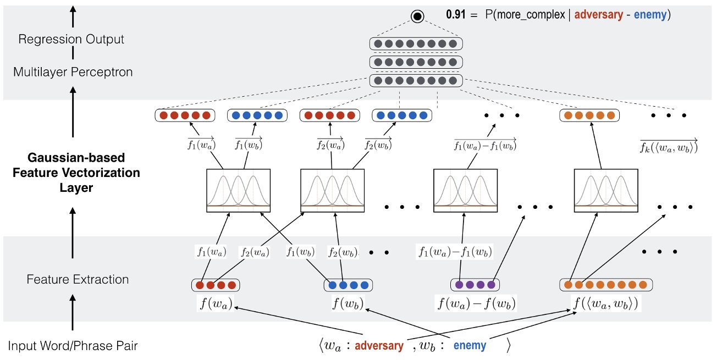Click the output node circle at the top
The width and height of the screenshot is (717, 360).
[x=417, y=16]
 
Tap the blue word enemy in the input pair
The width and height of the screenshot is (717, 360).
[x=470, y=346]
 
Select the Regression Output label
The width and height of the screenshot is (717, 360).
[x=71, y=40]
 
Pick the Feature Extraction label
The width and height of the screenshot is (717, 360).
[x=78, y=279]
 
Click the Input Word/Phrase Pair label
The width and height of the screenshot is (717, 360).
[x=73, y=346]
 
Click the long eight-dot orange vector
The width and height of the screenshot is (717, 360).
[x=606, y=285]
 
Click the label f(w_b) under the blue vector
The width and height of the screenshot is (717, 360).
[x=348, y=303]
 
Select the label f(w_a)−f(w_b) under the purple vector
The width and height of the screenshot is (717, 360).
[x=476, y=303]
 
